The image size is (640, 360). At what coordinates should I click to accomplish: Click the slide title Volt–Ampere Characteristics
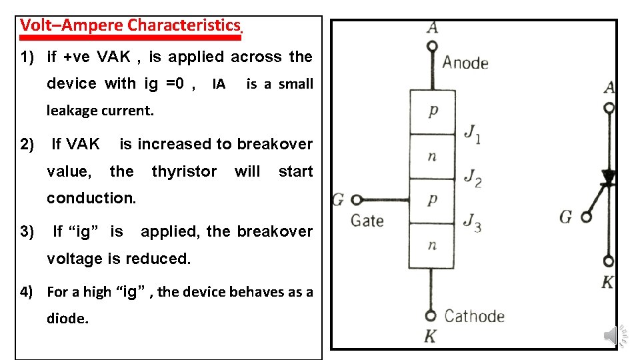coord(130,25)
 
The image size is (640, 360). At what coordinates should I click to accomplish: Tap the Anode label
coord(465,63)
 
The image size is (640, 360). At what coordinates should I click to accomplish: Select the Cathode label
coord(474,315)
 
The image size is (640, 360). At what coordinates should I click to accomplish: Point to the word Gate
coord(367,220)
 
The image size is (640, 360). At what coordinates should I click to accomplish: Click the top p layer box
coord(432,112)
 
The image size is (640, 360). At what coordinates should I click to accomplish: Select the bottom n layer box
coord(432,245)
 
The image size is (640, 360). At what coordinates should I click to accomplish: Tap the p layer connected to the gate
coord(432,200)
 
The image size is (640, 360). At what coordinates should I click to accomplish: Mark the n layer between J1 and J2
coord(432,157)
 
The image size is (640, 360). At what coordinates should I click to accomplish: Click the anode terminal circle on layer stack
coord(432,47)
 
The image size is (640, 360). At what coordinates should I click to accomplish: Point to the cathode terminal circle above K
coord(431,315)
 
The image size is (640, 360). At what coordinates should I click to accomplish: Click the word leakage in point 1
coord(73,111)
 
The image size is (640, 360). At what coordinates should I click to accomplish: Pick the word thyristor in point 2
coord(184,171)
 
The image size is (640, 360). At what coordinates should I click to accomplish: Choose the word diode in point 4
coord(67,319)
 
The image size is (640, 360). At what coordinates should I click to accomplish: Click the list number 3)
coord(27,232)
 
